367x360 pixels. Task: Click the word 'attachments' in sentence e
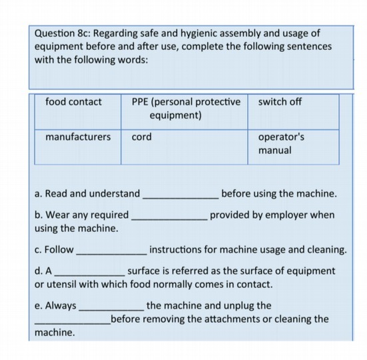coord(232,319)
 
